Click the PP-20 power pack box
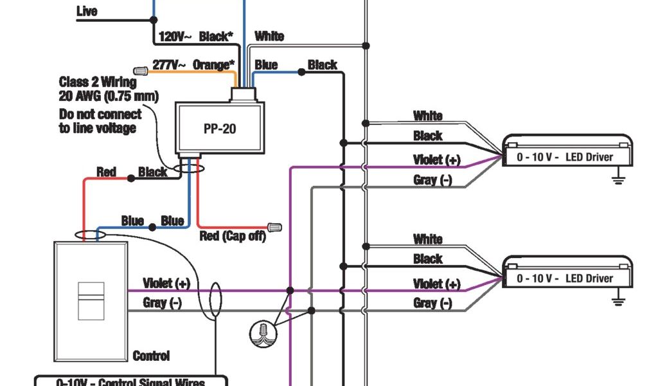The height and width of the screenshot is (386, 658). [219, 129]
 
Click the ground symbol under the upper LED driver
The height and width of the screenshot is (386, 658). [619, 179]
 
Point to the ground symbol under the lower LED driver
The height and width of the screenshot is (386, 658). [619, 300]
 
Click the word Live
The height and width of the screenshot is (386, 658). [87, 12]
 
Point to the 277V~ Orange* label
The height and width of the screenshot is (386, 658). [193, 65]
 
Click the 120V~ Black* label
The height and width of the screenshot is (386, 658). [193, 37]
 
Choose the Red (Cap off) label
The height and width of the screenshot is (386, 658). [233, 236]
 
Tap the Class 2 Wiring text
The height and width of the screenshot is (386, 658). [98, 82]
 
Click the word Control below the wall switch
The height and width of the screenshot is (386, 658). [151, 356]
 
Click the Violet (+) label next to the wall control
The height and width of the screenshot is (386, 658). [166, 283]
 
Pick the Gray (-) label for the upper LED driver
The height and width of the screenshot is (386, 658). [432, 180]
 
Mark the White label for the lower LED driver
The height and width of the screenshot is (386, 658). [428, 239]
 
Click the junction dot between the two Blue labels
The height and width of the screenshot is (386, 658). [152, 227]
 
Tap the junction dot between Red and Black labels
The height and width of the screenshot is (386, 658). [131, 178]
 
